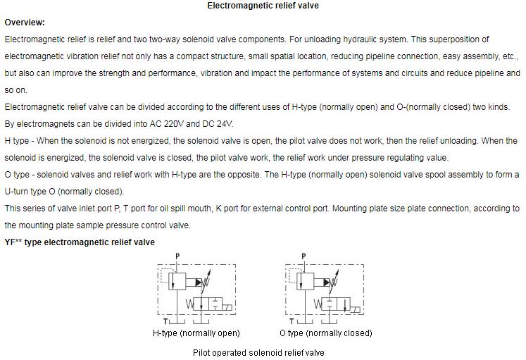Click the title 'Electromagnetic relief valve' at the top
pos(263,6)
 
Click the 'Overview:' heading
pos(25,23)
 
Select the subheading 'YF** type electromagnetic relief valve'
pos(80,242)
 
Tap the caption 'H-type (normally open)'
pos(196,333)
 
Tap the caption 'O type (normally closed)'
pos(325,333)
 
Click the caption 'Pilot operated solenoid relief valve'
pos(258,353)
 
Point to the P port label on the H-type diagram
pos(177,256)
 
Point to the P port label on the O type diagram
pos(303,256)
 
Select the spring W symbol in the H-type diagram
pos(189,304)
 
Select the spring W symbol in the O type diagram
pos(316,304)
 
